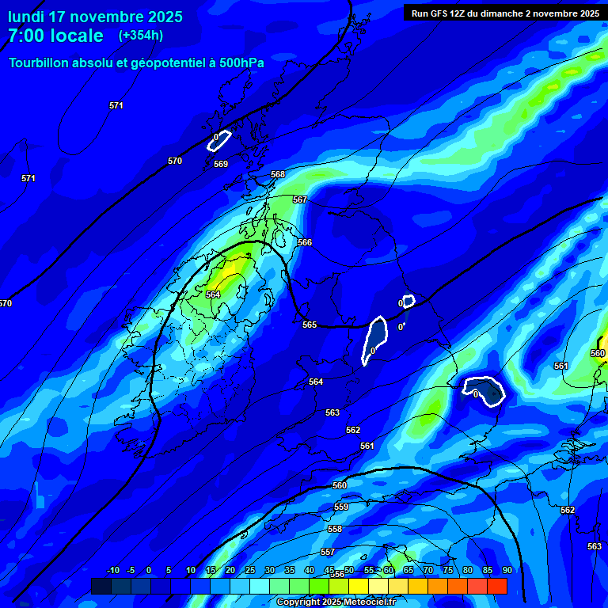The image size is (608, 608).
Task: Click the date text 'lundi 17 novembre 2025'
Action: (x=95, y=17)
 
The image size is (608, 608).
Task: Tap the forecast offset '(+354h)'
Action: (x=141, y=35)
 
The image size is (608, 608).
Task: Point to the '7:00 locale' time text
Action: (x=55, y=36)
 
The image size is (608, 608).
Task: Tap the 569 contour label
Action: (x=221, y=164)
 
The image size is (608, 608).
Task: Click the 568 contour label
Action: (x=278, y=174)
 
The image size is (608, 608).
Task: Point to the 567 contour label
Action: (x=300, y=199)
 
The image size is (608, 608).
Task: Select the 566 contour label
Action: (x=305, y=242)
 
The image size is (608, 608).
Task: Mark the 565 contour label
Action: (x=310, y=325)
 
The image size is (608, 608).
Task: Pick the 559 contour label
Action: (x=341, y=507)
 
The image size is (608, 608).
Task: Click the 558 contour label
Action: (x=335, y=529)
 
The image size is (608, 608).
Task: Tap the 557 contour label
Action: (x=328, y=552)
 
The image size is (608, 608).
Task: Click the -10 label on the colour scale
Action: (x=113, y=571)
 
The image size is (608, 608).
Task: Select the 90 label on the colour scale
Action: (x=507, y=571)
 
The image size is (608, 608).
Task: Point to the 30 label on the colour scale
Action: (x=270, y=571)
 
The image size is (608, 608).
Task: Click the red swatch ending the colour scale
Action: (x=497, y=586)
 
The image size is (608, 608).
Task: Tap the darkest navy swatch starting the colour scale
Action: (x=101, y=586)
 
